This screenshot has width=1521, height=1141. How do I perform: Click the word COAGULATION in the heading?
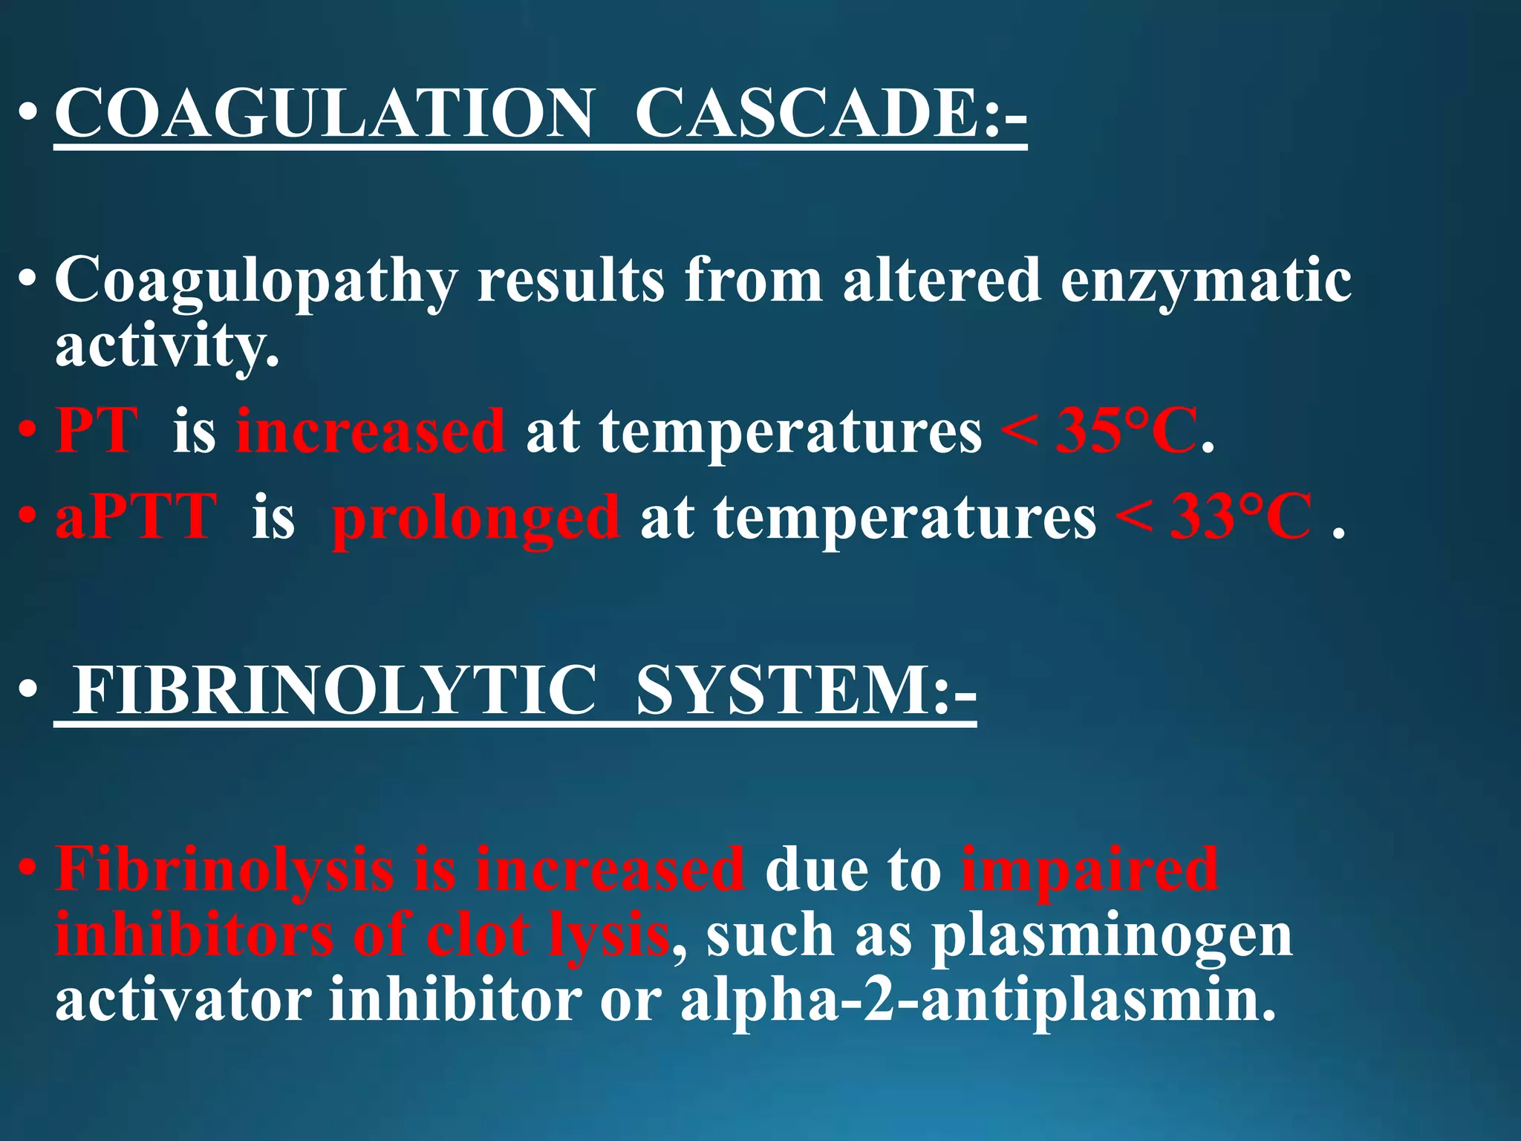tap(325, 113)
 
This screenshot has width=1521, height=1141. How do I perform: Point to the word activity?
tap(166, 346)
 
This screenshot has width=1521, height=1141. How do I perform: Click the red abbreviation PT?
tap(97, 430)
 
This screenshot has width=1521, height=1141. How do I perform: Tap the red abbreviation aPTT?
tap(136, 516)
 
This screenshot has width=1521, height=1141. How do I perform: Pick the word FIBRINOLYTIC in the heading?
tap(334, 690)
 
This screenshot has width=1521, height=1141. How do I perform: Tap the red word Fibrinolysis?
tap(224, 869)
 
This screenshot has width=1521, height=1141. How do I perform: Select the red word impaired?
tap(1089, 869)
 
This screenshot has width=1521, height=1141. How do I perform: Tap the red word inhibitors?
tap(194, 934)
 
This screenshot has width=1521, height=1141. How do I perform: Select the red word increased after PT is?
tap(371, 430)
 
